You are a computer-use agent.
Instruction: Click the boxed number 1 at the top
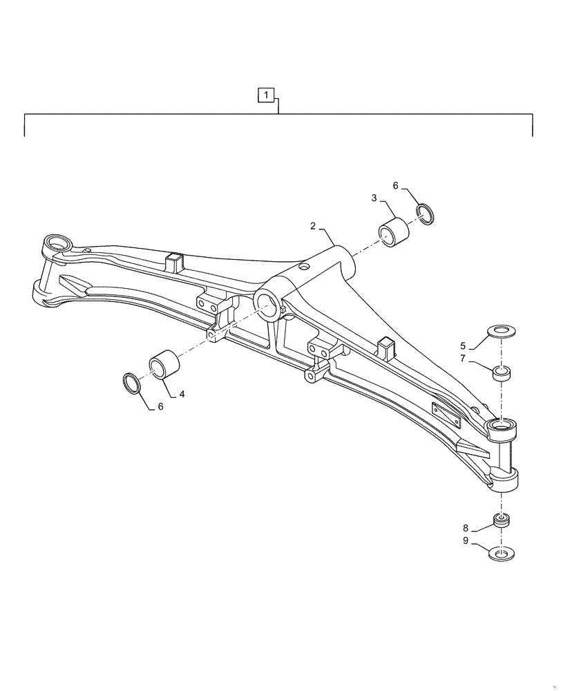(x=267, y=95)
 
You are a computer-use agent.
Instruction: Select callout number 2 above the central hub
(x=313, y=226)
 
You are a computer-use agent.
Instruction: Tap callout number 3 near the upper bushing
(x=374, y=198)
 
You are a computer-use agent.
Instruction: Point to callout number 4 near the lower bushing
(x=182, y=395)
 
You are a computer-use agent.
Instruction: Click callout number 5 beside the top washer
(x=464, y=345)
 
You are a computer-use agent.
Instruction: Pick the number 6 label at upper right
(x=396, y=185)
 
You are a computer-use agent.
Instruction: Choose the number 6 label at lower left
(x=161, y=407)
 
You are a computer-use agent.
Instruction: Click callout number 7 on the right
(x=464, y=359)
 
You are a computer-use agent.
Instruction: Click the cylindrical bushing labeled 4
(x=164, y=364)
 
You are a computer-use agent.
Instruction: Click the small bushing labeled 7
(x=502, y=374)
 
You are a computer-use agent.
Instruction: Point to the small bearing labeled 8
(x=502, y=521)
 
